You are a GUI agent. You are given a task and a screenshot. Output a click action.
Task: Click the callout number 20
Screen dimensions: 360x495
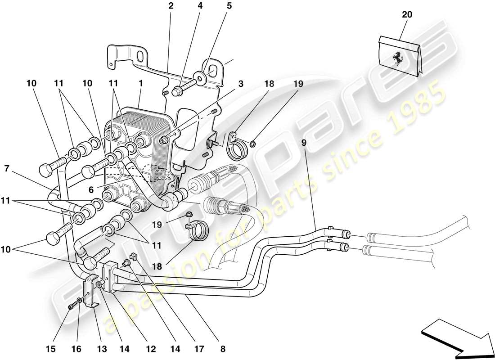tap(407, 15)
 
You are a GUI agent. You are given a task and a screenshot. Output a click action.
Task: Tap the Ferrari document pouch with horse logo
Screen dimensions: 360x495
tap(399, 57)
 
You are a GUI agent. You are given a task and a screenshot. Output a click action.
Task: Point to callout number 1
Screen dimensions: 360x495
tap(141, 84)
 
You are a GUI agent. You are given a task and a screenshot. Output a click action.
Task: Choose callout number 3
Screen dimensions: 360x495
tap(241, 84)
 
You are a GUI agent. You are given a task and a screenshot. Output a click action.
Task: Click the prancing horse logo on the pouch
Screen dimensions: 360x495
tap(397, 58)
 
